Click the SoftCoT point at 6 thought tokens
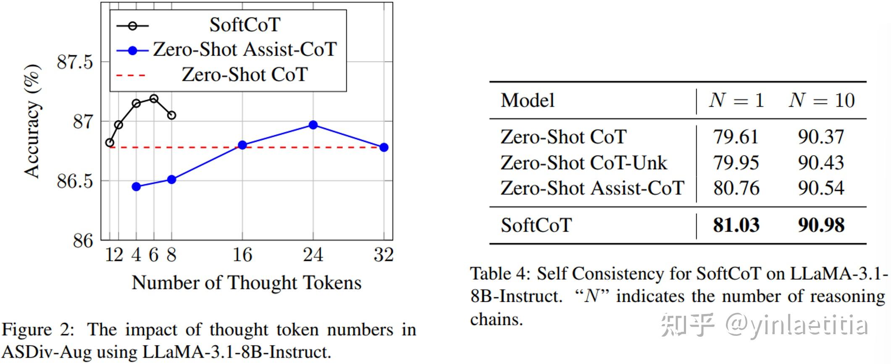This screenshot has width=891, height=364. pos(154,99)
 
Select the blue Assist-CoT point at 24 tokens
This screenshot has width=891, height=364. pos(313,125)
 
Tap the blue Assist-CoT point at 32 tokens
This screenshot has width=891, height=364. pos(384,147)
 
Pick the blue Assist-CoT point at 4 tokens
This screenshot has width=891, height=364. pos(136,186)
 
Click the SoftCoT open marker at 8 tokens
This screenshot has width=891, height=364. pos(171,115)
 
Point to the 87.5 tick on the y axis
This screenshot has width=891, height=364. pos(75,62)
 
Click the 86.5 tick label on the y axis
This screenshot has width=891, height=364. pos(75,181)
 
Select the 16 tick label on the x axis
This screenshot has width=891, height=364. pos(242,255)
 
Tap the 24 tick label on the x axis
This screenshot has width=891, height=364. pos(313,255)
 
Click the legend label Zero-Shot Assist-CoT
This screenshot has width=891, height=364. pos(244,50)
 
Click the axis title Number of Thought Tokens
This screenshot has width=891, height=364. pos(247,283)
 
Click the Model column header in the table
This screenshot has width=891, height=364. pos(528,101)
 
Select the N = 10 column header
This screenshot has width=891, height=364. pos(822,101)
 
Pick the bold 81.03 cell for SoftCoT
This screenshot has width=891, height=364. pos(736,225)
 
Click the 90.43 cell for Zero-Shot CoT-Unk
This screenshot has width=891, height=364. pos(821,163)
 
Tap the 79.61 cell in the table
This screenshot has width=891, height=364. pos(736,137)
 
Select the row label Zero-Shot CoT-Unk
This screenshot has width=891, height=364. pos(583,163)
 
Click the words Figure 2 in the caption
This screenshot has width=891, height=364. pos(38,330)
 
